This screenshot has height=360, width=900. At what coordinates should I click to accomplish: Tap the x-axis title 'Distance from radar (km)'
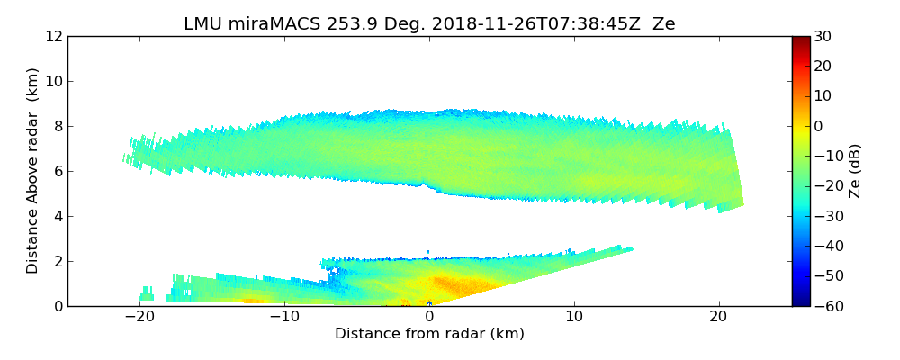coord(429,334)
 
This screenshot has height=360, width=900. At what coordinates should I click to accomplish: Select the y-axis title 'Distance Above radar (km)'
coord(33,170)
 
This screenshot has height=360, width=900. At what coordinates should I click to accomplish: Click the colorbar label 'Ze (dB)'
coord(855,170)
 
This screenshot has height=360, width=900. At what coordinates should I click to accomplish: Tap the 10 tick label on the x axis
coord(574,317)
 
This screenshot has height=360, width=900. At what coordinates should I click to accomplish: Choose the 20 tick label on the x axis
coord(718,317)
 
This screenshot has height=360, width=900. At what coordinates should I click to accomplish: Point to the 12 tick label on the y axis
coord(53,36)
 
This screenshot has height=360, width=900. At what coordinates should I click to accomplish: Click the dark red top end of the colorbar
coord(801,40)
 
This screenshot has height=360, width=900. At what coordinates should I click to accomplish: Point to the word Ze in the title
coord(664,24)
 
